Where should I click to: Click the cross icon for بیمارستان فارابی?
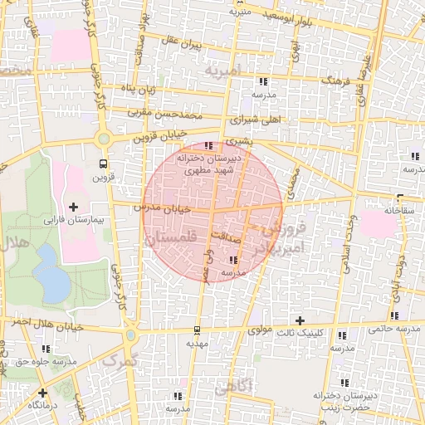coord(74,206)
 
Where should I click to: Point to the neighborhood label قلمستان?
coord(172,237)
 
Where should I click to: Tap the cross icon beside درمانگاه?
coord(42,393)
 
